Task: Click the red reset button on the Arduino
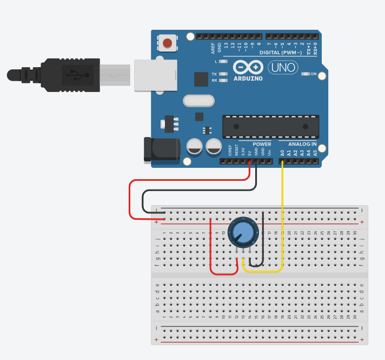(x=168, y=42)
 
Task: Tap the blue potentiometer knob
(x=243, y=232)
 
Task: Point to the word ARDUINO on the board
(x=248, y=78)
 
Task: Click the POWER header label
(x=262, y=145)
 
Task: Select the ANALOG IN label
(x=302, y=145)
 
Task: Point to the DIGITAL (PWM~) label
(x=282, y=53)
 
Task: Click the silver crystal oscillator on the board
(x=198, y=101)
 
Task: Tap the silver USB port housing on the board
(x=156, y=74)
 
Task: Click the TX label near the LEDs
(x=214, y=74)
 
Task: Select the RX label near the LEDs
(x=214, y=80)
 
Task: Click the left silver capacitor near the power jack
(x=195, y=147)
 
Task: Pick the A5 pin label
(x=315, y=153)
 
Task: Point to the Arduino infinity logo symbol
(x=248, y=68)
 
